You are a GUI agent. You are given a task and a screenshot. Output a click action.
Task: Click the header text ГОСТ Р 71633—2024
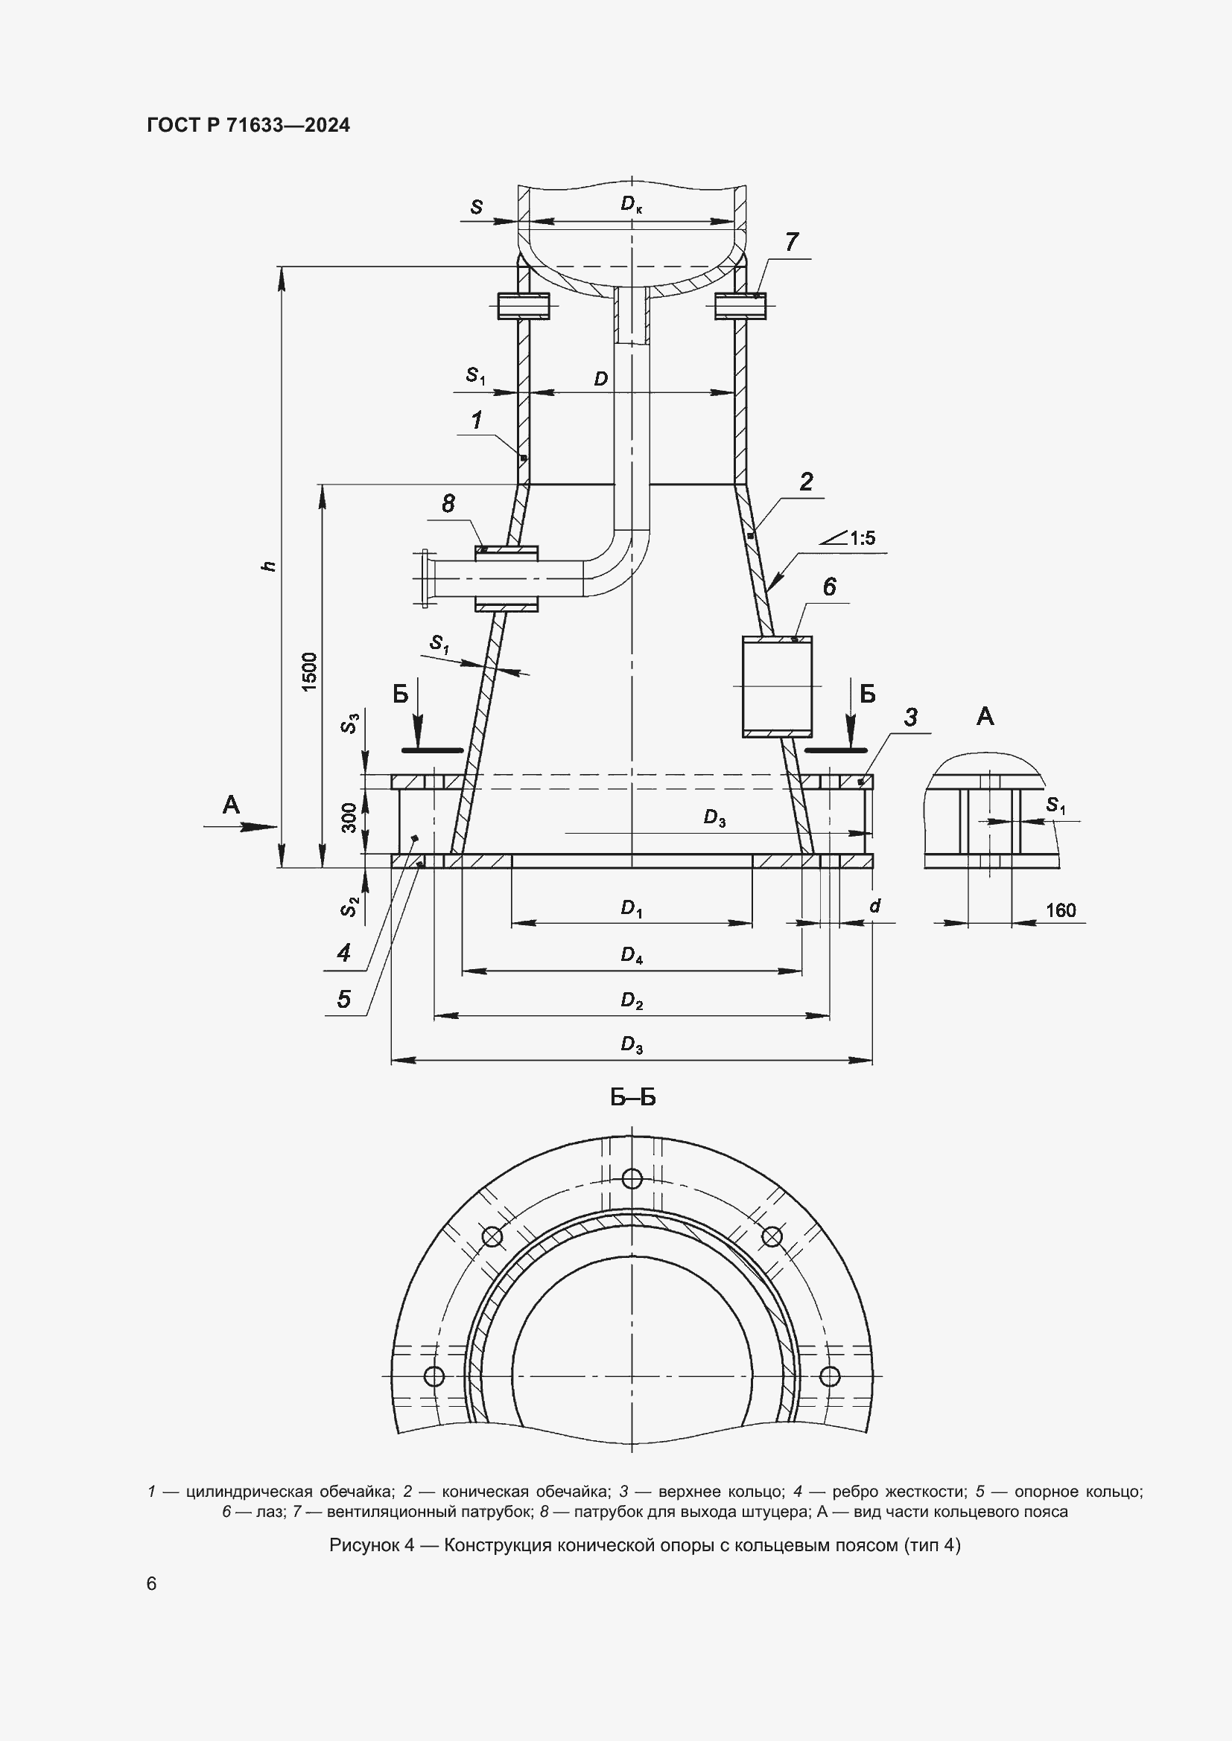click(x=248, y=126)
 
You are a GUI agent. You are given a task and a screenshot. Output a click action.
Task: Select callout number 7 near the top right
click(x=791, y=242)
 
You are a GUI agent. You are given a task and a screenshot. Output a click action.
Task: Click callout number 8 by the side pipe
click(x=448, y=502)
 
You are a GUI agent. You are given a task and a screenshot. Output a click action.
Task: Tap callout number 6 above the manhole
click(x=828, y=586)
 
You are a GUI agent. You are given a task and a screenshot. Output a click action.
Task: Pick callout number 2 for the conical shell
click(x=806, y=482)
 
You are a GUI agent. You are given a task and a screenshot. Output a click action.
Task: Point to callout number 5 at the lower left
click(x=343, y=999)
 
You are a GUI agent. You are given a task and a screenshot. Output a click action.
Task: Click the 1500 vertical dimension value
click(x=310, y=671)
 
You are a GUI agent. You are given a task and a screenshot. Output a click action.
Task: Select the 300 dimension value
click(x=349, y=818)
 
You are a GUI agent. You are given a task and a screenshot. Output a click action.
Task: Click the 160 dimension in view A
click(x=1061, y=910)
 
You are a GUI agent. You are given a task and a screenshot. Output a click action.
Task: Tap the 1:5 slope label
click(x=862, y=537)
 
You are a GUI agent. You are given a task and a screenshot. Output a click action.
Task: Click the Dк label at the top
click(x=630, y=203)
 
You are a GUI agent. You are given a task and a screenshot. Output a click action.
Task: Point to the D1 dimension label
click(x=631, y=908)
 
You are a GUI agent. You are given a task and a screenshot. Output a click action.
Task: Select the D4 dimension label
click(x=631, y=956)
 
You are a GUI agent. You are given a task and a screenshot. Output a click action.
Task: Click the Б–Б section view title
click(x=632, y=1097)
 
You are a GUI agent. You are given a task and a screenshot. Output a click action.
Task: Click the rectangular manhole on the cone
click(x=777, y=687)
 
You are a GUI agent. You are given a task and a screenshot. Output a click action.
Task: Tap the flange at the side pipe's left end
click(x=423, y=578)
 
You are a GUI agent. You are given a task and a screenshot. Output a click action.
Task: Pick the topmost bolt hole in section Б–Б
click(x=632, y=1178)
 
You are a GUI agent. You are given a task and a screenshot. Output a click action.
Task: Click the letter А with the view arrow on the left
click(x=231, y=805)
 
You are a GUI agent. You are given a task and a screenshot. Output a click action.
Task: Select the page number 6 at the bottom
click(x=152, y=1584)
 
